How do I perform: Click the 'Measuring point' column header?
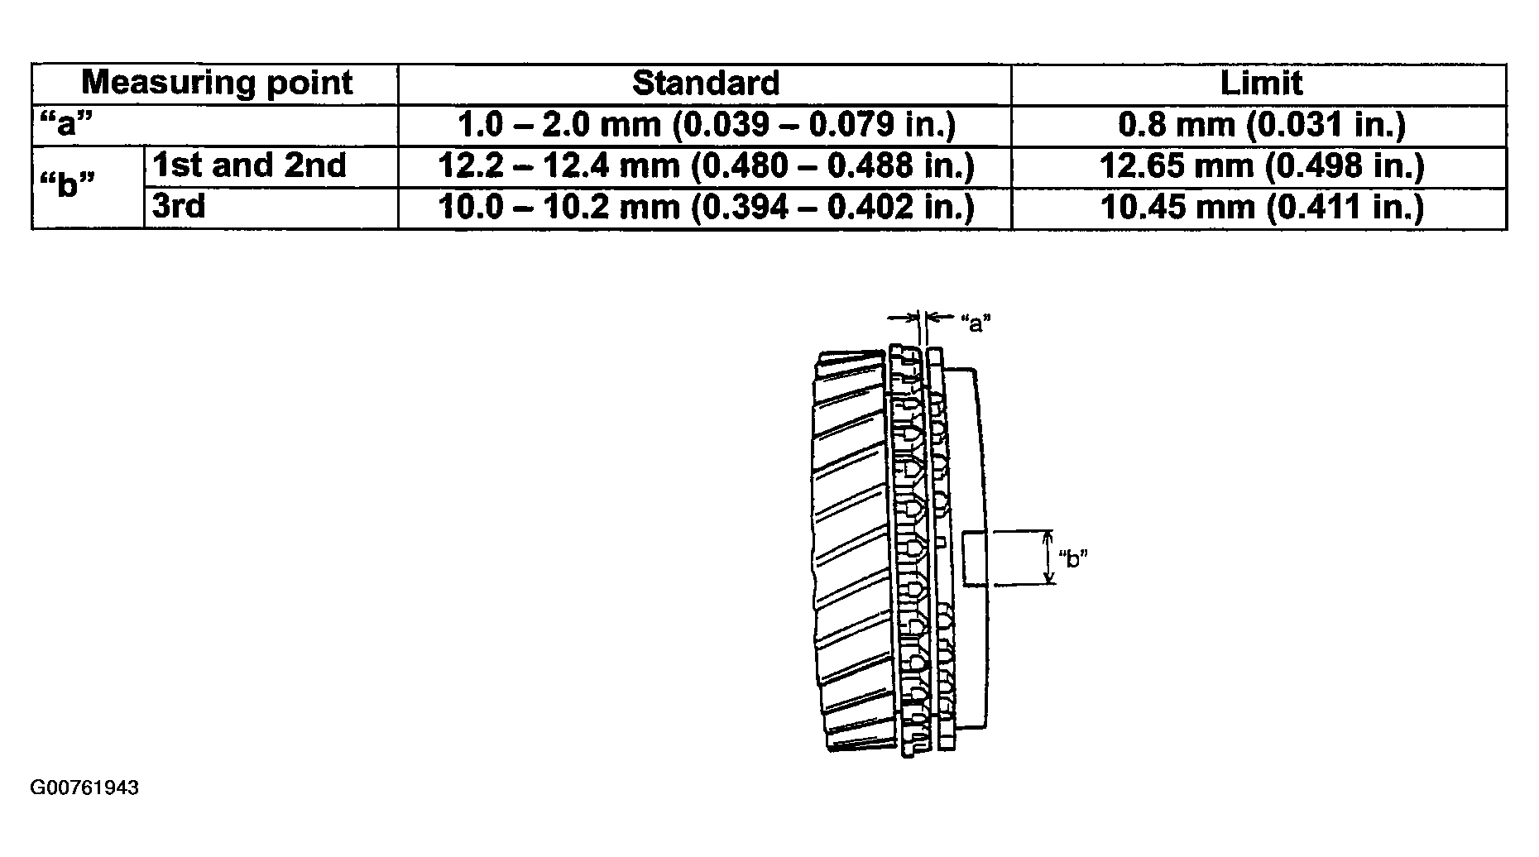tap(217, 84)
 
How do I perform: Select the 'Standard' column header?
tap(706, 84)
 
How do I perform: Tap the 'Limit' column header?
tap(1261, 84)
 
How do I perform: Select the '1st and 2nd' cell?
tap(249, 166)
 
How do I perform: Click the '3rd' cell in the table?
tap(179, 206)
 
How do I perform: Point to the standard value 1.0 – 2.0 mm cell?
tap(706, 125)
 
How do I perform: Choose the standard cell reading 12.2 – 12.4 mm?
tap(706, 166)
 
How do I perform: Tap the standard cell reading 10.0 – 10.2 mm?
tap(706, 206)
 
